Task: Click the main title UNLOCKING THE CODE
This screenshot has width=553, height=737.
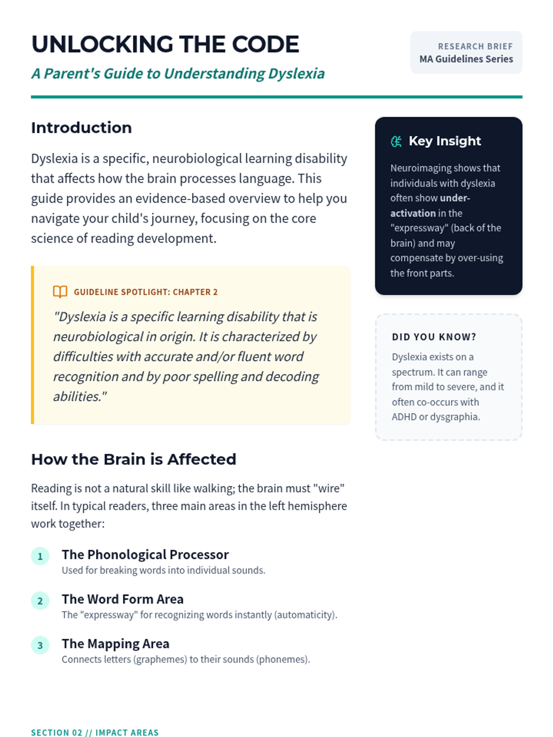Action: point(165,45)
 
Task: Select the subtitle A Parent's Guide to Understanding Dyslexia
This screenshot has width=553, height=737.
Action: point(178,74)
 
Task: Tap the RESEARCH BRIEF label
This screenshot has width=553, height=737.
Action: point(475,47)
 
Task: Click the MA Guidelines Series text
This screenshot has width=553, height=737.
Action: point(466,59)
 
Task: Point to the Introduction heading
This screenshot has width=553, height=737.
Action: point(81,128)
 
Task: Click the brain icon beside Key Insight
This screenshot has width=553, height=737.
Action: point(396,141)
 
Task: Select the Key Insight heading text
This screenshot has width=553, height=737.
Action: point(445,141)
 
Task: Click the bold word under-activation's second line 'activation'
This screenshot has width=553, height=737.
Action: point(413,213)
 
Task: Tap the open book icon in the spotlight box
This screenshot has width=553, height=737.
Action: point(60,292)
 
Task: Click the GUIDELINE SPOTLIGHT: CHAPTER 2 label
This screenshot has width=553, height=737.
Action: point(146,292)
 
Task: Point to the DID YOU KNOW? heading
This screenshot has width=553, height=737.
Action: point(434,337)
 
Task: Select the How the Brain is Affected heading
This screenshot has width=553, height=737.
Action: point(134,459)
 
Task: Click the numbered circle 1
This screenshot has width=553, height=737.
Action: point(40,556)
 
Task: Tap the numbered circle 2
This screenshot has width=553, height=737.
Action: point(40,601)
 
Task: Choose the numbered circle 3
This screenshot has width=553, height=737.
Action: point(40,645)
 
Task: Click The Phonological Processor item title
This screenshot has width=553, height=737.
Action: point(145,555)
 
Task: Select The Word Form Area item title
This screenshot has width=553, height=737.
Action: point(123,599)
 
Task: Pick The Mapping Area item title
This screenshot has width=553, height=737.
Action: point(116,643)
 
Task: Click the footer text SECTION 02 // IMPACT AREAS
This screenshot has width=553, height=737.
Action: point(94,732)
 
